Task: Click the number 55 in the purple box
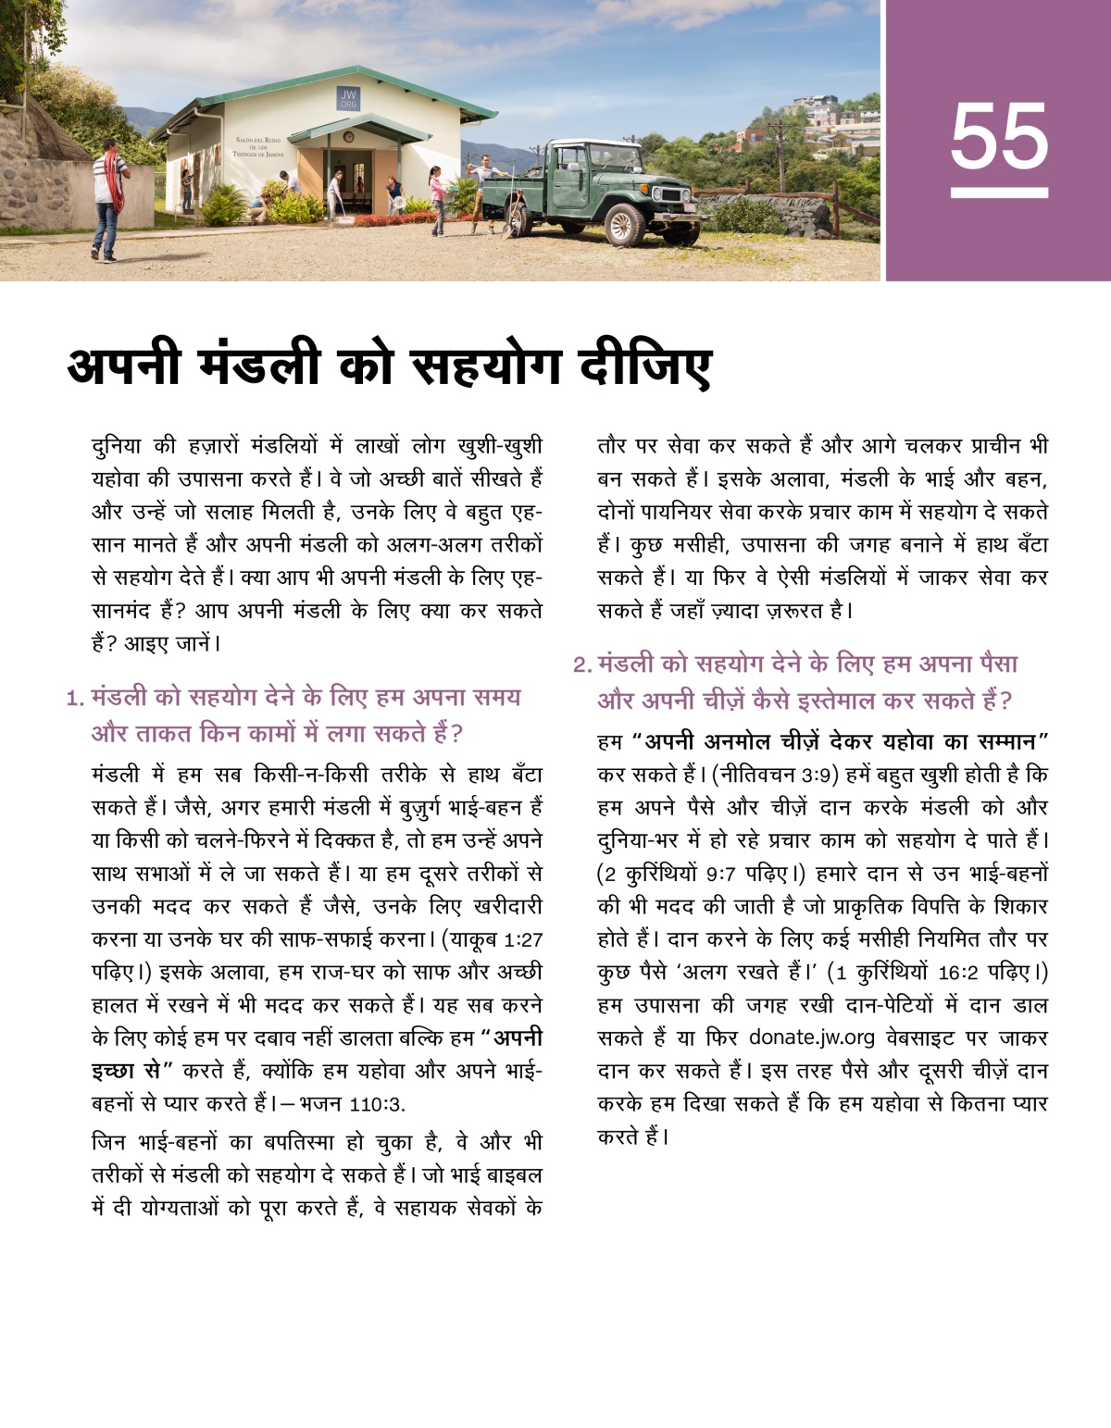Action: coord(999,137)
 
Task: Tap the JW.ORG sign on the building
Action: coord(348,99)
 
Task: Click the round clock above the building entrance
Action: coord(348,135)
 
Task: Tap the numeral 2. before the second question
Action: coord(581,665)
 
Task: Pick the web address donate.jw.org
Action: coord(798,1037)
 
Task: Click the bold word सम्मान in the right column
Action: coord(1005,742)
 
